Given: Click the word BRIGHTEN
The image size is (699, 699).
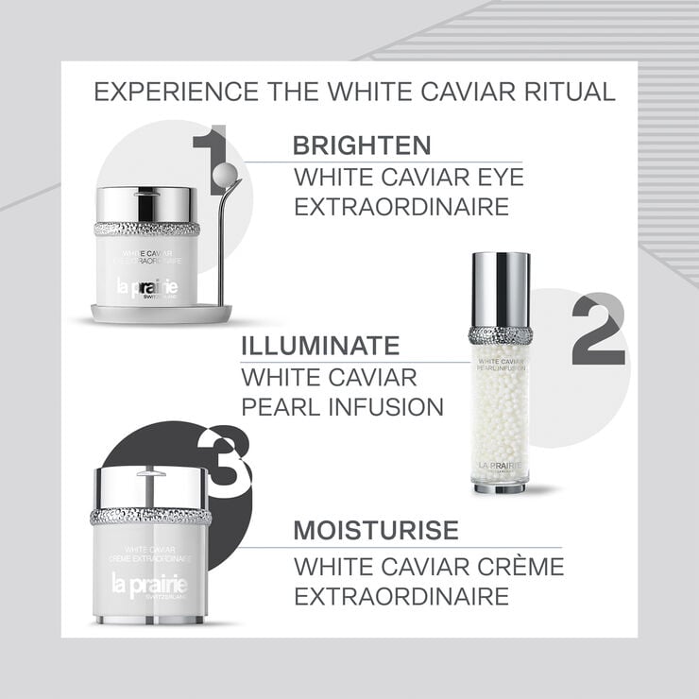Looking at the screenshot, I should pyautogui.click(x=362, y=145).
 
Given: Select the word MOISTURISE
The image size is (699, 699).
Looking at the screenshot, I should pyautogui.click(x=375, y=530).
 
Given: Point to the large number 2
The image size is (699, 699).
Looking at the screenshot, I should pyautogui.click(x=597, y=330).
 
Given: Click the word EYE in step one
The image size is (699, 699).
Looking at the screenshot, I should pyautogui.click(x=493, y=177).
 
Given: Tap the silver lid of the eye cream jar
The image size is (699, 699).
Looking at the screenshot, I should pyautogui.click(x=146, y=204).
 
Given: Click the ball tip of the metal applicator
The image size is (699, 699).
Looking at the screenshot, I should pyautogui.click(x=227, y=174).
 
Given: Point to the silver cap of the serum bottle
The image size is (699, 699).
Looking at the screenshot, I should pyautogui.click(x=500, y=289).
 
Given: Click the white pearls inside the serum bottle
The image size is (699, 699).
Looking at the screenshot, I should pyautogui.click(x=500, y=416).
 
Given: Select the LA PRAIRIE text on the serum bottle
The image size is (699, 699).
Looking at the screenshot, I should pyautogui.click(x=500, y=466).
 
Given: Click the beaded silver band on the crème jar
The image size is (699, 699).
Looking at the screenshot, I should pyautogui.click(x=150, y=516).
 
